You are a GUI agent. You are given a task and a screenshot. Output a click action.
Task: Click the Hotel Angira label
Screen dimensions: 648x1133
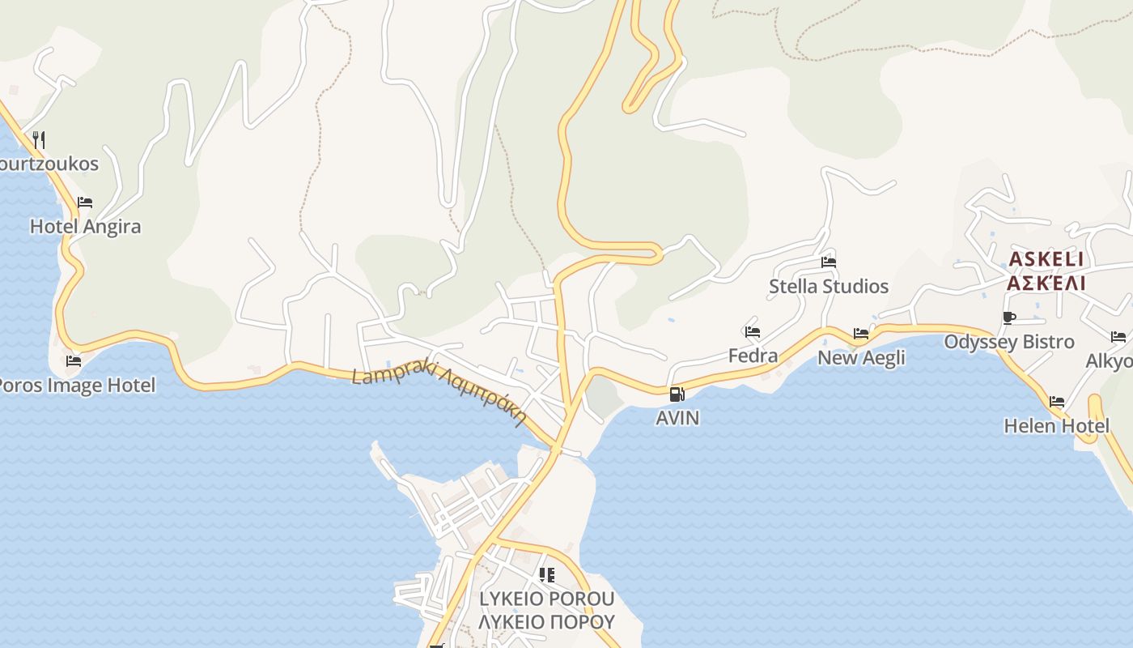pyautogui.click(x=85, y=227)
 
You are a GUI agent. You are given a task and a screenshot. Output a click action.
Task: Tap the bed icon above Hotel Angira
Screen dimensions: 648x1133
pyautogui.click(x=85, y=202)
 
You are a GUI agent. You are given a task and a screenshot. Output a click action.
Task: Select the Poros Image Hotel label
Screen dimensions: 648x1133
pyautogui.click(x=76, y=385)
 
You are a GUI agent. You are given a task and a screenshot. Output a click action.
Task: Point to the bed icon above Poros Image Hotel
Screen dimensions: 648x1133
pyautogui.click(x=74, y=361)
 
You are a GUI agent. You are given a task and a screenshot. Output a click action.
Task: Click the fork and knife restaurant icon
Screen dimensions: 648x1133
pyautogui.click(x=38, y=139)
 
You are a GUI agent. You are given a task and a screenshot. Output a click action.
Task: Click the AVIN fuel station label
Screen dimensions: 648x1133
pyautogui.click(x=677, y=418)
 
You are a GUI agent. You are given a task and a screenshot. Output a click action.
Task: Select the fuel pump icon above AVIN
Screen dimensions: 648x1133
pyautogui.click(x=677, y=394)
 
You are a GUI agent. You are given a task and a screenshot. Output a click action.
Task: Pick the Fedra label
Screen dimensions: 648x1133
pyautogui.click(x=753, y=356)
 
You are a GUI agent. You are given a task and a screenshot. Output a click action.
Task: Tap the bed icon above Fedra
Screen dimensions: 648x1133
pyautogui.click(x=753, y=332)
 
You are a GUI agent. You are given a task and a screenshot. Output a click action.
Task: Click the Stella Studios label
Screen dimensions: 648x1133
pyautogui.click(x=829, y=287)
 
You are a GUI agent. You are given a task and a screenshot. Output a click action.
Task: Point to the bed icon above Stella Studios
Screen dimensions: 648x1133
pyautogui.click(x=829, y=262)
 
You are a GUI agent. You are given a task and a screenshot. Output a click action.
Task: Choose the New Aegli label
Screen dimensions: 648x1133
pyautogui.click(x=861, y=358)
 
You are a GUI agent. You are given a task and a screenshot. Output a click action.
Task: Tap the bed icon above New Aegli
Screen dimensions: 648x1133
pyautogui.click(x=861, y=334)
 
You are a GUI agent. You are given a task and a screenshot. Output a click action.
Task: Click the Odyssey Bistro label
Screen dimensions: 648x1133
pyautogui.click(x=1009, y=342)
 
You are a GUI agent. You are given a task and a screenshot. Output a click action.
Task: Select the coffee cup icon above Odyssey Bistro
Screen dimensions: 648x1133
pyautogui.click(x=1008, y=318)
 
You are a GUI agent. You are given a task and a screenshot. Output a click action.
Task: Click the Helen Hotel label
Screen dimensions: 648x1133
pyautogui.click(x=1056, y=426)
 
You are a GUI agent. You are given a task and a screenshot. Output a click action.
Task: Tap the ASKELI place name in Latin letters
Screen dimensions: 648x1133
pyautogui.click(x=1046, y=260)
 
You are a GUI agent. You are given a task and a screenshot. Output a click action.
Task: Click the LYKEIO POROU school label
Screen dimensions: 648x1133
pyautogui.click(x=547, y=599)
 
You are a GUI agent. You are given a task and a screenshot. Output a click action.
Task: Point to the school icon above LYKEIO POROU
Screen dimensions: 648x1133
pyautogui.click(x=547, y=575)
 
